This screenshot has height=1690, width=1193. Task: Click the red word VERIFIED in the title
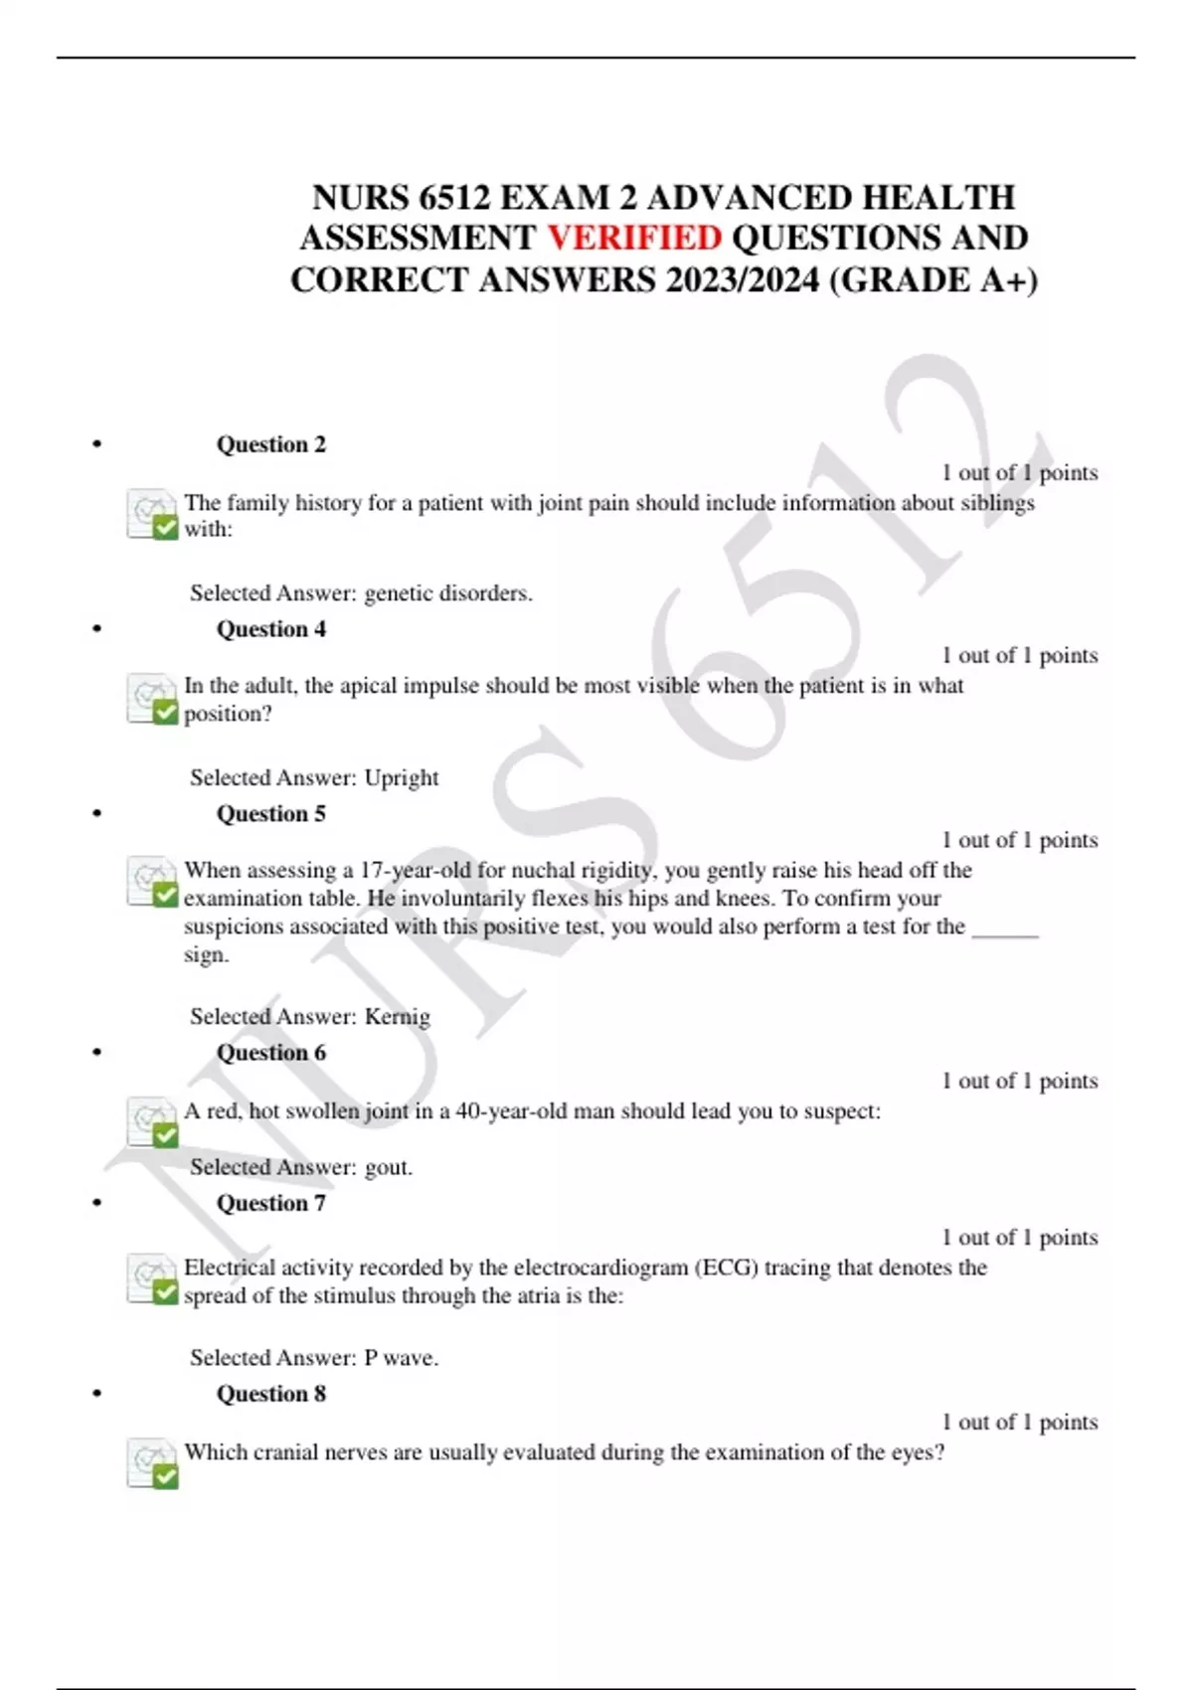[x=634, y=239]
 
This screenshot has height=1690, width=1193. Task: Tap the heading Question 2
[x=270, y=444]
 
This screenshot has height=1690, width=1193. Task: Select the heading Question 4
[x=270, y=629]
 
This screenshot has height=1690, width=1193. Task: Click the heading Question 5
[x=270, y=814]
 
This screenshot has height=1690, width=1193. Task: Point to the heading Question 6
[x=270, y=1053]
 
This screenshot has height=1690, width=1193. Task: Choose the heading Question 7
[x=270, y=1204]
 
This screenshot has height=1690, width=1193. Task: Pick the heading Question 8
[x=270, y=1394]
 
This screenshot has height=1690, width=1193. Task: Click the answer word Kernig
[x=398, y=1017]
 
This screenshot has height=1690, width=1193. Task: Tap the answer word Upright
[x=402, y=777]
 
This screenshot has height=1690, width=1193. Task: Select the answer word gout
[x=389, y=1167]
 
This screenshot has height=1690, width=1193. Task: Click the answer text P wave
[x=402, y=1358]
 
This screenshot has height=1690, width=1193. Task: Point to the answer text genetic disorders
[x=448, y=593]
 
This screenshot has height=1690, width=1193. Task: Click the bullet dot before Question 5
[x=96, y=814]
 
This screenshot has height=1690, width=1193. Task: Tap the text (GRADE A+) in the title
[x=933, y=280]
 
